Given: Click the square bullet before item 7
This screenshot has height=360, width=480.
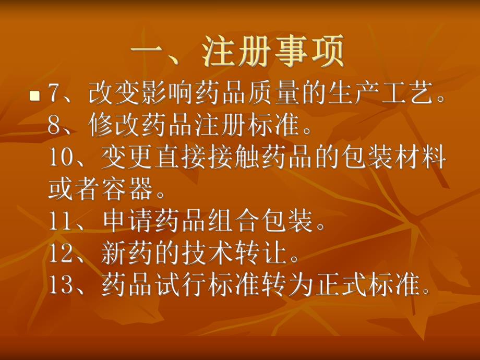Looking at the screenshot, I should tap(35, 95).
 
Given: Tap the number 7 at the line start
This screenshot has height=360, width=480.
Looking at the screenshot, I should tap(54, 94).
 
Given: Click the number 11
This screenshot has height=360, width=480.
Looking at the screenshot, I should tap(61, 222).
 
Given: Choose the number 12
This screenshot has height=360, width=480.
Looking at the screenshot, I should tap(61, 255).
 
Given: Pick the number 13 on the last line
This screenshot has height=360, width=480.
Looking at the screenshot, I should tap(61, 286).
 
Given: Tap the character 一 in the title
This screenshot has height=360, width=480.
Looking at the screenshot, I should tap(146, 52).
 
